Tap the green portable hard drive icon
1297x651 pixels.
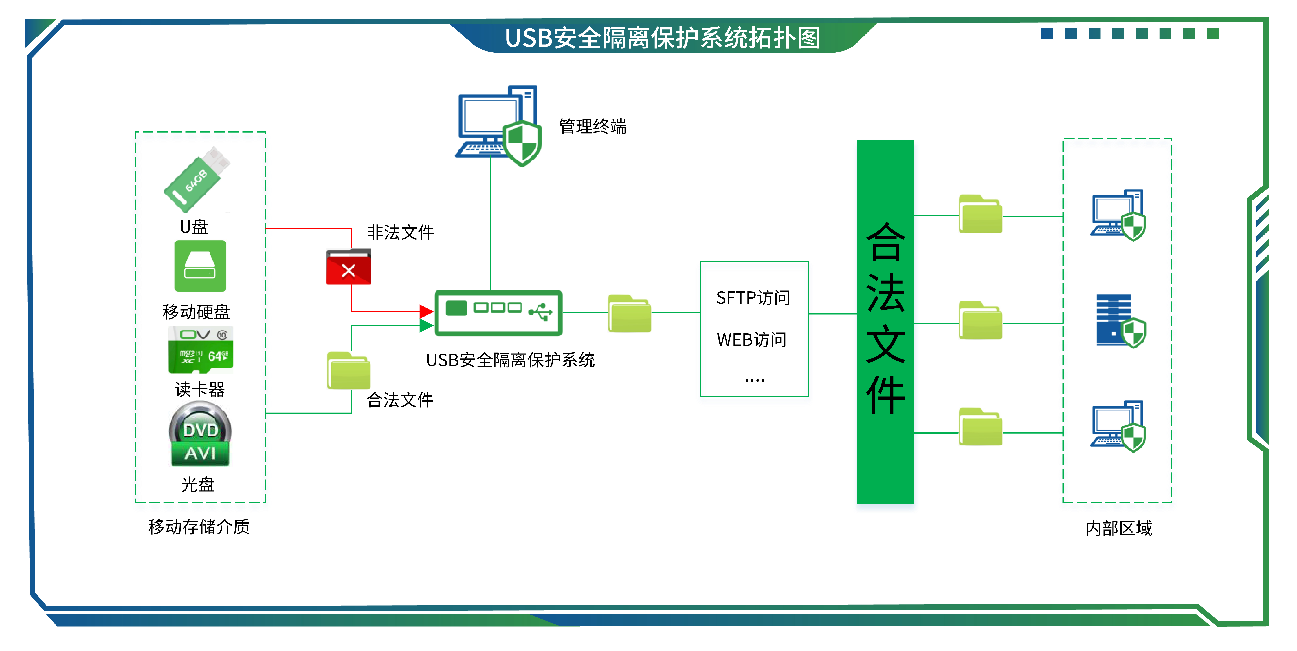point(200,266)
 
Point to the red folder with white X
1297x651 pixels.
point(348,267)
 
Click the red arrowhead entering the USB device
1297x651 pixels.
point(426,312)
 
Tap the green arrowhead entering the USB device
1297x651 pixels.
point(426,326)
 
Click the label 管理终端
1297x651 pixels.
point(593,126)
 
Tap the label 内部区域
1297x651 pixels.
point(1118,528)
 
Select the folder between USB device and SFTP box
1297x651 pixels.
point(629,314)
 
